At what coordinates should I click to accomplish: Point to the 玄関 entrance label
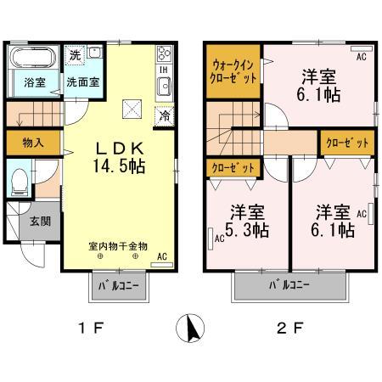(x=27, y=222)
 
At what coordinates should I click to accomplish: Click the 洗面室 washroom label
(x=79, y=83)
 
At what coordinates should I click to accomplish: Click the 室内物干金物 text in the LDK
(x=118, y=245)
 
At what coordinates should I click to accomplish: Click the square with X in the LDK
(x=130, y=108)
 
